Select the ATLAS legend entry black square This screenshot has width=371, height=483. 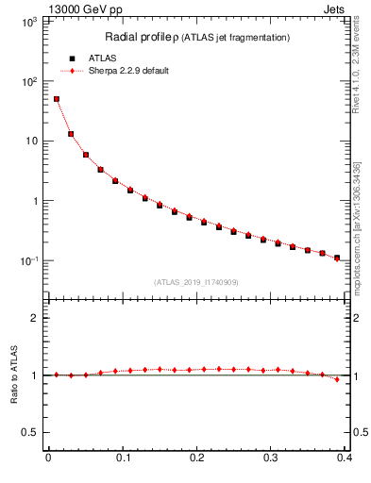click(72, 58)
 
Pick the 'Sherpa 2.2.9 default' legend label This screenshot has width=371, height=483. click(129, 71)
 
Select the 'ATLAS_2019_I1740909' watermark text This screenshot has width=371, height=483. click(195, 282)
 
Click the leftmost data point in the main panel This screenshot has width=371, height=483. click(57, 99)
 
